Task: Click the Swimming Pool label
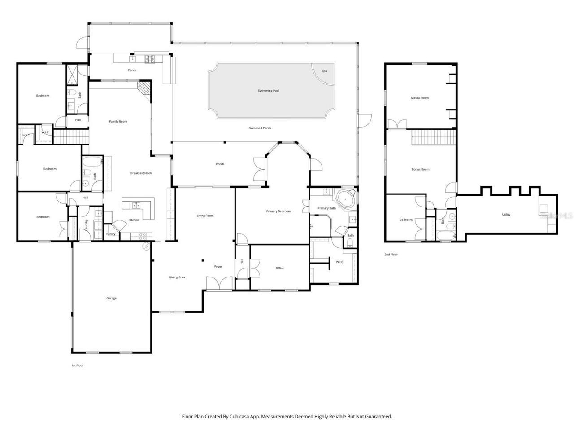[269, 91]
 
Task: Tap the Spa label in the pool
[324, 71]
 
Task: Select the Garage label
[111, 298]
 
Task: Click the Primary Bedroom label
[278, 211]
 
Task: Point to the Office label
[280, 268]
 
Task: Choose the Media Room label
[420, 98]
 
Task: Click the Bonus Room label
[420, 169]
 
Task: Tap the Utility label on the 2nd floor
[506, 215]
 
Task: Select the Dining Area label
[177, 277]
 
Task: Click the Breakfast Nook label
[141, 173]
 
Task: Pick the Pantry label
[111, 234]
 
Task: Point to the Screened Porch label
[260, 128]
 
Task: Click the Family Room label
[118, 122]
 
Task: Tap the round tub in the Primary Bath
[346, 198]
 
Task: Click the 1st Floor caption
[77, 365]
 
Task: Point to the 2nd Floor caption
[391, 255]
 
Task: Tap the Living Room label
[205, 216]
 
